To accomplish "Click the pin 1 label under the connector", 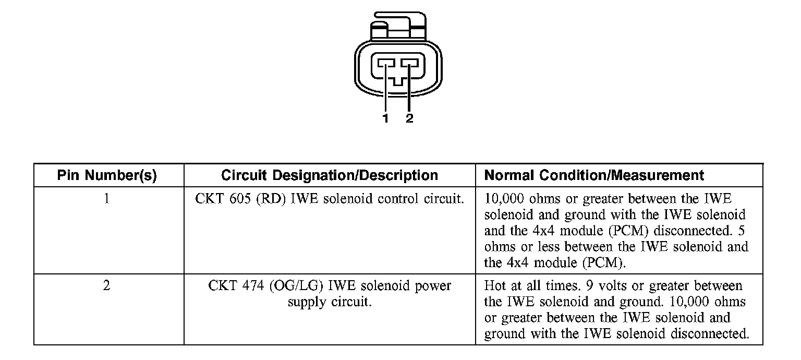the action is (x=385, y=118).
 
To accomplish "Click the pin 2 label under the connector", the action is (x=409, y=118).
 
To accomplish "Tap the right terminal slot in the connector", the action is (x=410, y=64).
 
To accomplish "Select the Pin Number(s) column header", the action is (x=107, y=176).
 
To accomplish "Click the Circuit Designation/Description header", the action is (x=330, y=176).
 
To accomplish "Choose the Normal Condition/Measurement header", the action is (x=594, y=176).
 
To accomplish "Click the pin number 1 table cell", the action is (x=107, y=199).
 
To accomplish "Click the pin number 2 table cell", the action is (x=107, y=286).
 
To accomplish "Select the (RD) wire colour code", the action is (x=270, y=199).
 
